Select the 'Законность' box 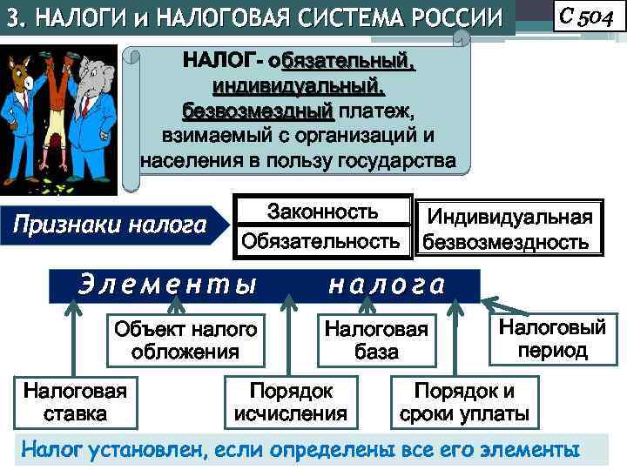tap(322, 211)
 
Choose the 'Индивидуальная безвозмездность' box tap(506, 229)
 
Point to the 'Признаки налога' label tap(108, 225)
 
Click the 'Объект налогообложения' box tap(185, 340)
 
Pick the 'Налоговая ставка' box tap(75, 402)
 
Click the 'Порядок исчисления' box tap(291, 402)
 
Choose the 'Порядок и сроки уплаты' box tap(464, 402)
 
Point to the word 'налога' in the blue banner tap(387, 285)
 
